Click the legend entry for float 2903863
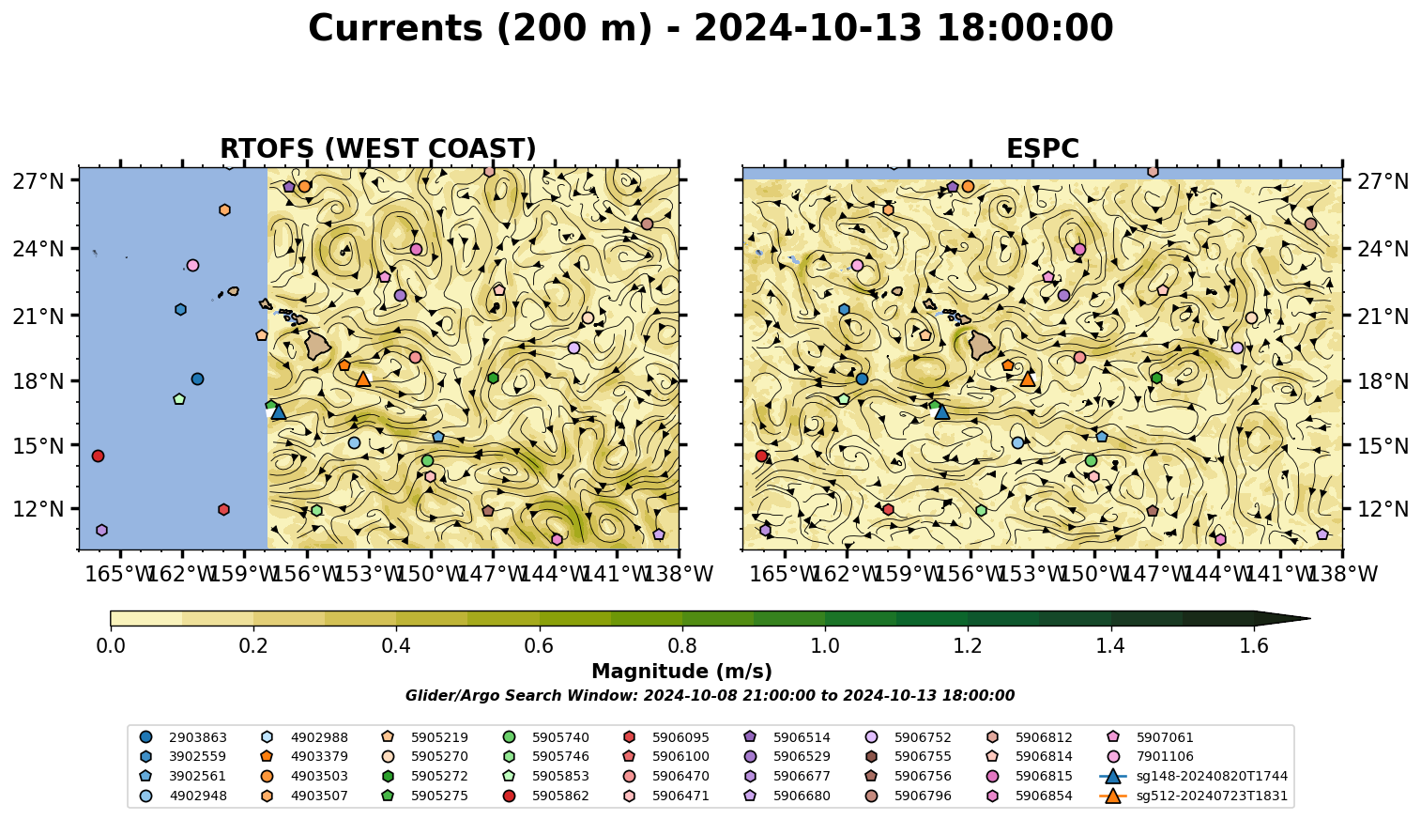[183, 737]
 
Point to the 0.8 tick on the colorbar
[682, 628]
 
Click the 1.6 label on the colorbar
[1254, 646]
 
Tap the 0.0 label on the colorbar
[111, 646]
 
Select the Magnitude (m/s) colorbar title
[682, 672]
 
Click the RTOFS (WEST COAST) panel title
[378, 148]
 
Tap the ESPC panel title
[1042, 148]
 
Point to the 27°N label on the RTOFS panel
[38, 181]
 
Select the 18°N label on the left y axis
[38, 381]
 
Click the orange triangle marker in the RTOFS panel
[363, 379]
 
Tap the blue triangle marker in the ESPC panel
[942, 412]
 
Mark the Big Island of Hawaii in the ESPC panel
[982, 346]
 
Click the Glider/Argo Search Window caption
[710, 695]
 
